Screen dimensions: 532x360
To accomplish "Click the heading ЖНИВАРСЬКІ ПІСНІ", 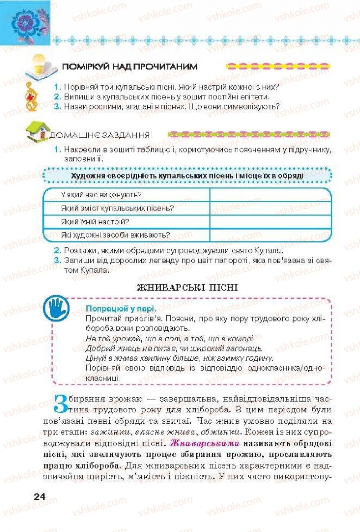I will (x=187, y=287).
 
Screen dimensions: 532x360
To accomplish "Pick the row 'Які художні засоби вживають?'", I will (x=115, y=234).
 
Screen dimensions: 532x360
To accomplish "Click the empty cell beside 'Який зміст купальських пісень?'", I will (x=270, y=208).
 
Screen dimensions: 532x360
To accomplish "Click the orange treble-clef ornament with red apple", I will (x=31, y=96).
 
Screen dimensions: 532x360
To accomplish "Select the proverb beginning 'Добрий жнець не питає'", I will (x=174, y=348).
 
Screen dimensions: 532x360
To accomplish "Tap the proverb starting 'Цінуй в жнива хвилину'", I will (x=179, y=358).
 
